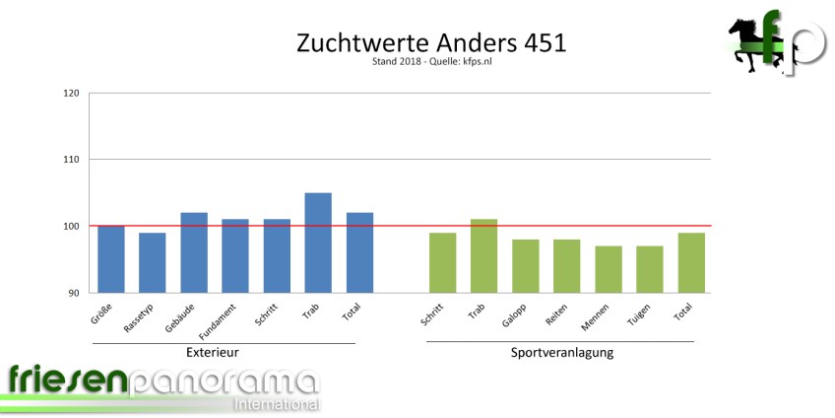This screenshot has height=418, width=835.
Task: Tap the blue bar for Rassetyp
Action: pyautogui.click(x=153, y=262)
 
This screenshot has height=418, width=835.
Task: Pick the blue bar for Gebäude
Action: pyautogui.click(x=194, y=252)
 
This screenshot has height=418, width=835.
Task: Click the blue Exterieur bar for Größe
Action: pyautogui.click(x=111, y=259)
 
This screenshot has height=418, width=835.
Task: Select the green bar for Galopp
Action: pyautogui.click(x=526, y=265)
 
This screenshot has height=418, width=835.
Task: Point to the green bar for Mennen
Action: pyautogui.click(x=609, y=269)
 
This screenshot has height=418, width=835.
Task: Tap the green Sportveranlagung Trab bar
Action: pyautogui.click(x=484, y=255)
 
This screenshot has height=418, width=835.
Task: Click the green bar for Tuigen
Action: pyautogui.click(x=650, y=269)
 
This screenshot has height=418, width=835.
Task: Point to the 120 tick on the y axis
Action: pyautogui.click(x=71, y=94)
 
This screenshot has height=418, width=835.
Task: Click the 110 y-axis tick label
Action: pyautogui.click(x=71, y=160)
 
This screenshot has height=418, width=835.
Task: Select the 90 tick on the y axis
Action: pyautogui.click(x=74, y=293)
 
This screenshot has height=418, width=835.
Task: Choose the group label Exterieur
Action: pyautogui.click(x=213, y=352)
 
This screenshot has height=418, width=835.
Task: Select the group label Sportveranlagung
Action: pyautogui.click(x=562, y=352)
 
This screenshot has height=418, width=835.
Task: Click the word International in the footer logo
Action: pyautogui.click(x=276, y=404)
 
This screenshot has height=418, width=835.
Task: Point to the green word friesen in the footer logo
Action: pyautogui.click(x=65, y=381)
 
